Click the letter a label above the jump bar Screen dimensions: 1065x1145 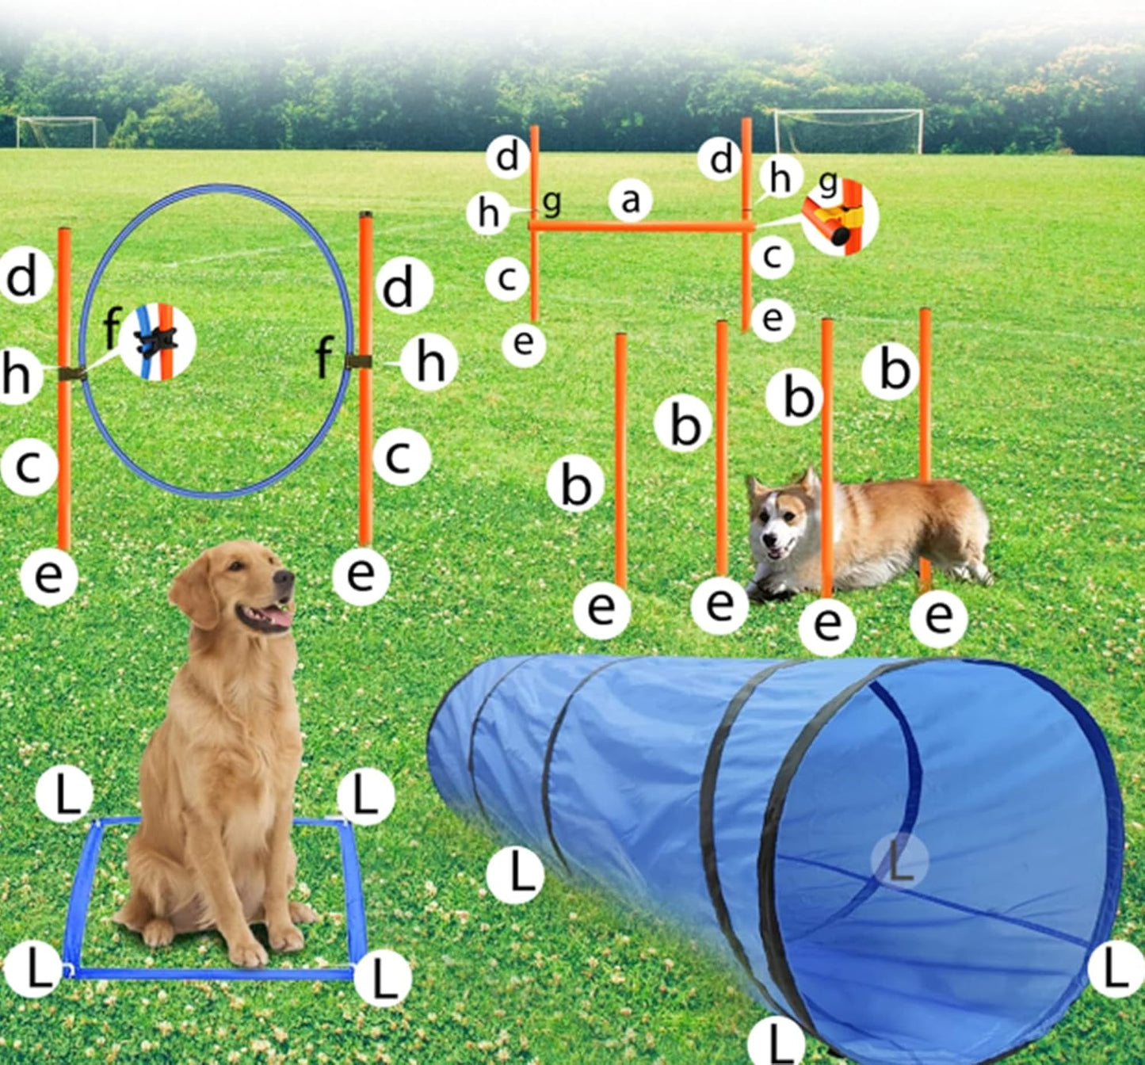point(630,200)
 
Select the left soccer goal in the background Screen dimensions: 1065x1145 point(60,132)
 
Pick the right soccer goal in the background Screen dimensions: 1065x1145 point(848,131)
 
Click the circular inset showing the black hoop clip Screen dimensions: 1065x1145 point(157,342)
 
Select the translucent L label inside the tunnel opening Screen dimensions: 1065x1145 point(899,861)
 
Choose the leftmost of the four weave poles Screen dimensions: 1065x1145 point(621,460)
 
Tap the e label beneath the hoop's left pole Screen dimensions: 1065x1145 point(48,576)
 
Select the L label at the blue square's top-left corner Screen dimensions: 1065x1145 point(65,793)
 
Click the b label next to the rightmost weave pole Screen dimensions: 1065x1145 point(891,369)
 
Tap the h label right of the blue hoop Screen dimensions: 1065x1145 point(429,363)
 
